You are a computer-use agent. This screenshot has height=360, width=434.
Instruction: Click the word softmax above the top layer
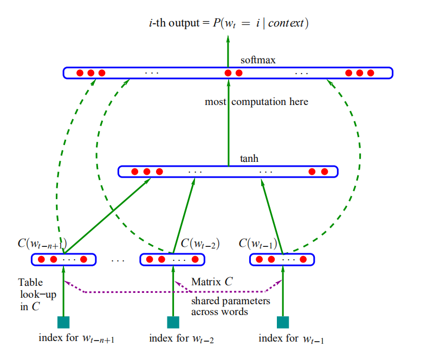[258, 60]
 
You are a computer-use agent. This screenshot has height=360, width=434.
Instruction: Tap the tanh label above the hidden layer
[249, 159]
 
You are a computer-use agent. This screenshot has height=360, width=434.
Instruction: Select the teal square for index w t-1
[283, 322]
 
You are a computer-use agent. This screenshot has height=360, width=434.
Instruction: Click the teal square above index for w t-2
[173, 322]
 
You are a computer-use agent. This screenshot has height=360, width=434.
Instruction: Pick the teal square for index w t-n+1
[63, 322]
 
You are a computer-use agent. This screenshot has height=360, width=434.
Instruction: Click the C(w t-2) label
[200, 244]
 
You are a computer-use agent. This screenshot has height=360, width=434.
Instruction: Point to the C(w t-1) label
[258, 244]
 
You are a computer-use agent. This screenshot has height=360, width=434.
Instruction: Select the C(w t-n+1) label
[42, 244]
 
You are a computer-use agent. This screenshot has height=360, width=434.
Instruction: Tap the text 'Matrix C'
[212, 282]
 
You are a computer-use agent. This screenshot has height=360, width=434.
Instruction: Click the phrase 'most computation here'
[256, 102]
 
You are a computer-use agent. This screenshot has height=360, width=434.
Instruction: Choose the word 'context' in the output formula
[286, 23]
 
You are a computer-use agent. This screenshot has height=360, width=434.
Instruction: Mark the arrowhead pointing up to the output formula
[228, 39]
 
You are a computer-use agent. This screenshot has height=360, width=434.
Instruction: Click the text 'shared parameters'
[231, 301]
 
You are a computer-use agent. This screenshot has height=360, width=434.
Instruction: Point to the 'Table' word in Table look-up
[30, 282]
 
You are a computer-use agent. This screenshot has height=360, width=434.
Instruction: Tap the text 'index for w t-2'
[182, 338]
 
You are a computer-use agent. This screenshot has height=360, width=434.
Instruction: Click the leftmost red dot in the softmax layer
[80, 73]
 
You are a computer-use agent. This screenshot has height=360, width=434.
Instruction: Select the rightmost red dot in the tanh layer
[325, 172]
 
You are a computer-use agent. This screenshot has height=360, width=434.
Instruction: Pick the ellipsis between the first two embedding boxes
[118, 260]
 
